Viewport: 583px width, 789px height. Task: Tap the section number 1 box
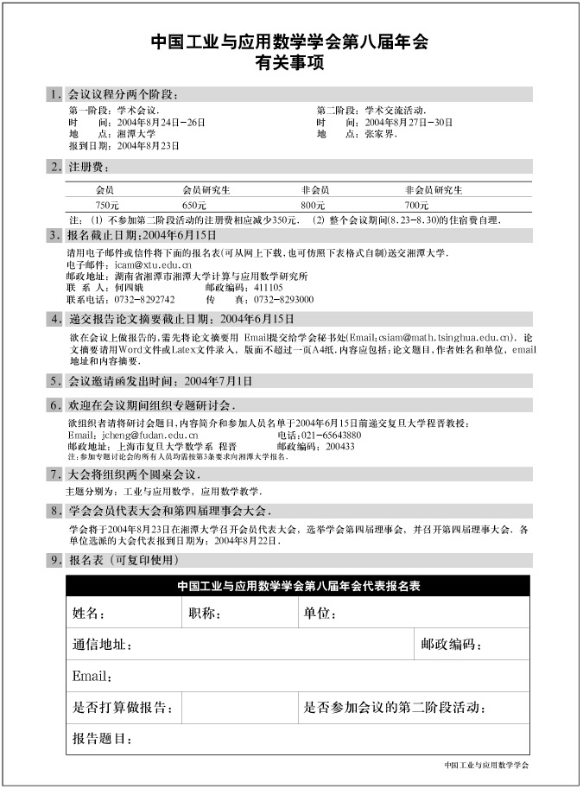tap(56, 94)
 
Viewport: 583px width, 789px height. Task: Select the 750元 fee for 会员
tap(107, 205)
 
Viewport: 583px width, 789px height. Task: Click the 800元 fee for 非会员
tap(312, 205)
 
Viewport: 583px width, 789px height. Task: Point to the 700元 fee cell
tap(416, 205)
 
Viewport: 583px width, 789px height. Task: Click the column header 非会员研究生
tap(434, 188)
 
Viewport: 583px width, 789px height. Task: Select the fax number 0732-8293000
tap(284, 299)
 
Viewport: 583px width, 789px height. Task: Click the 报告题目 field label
tap(102, 739)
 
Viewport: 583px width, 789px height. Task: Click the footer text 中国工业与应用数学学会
tap(486, 765)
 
